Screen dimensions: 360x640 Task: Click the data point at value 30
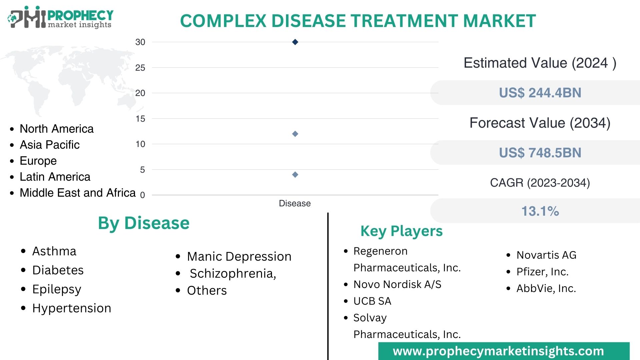[x=295, y=42]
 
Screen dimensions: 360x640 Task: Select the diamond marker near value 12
[x=295, y=134]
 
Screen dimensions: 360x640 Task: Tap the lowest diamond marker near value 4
[x=295, y=175]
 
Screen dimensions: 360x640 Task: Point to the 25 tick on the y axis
[x=140, y=68]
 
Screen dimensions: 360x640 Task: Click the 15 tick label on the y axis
[x=140, y=119]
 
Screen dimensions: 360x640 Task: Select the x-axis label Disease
[x=295, y=203]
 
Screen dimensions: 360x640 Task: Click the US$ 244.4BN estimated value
[x=540, y=93]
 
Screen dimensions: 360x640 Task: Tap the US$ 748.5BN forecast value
[x=540, y=153]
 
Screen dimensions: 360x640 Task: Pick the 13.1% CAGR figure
[x=540, y=211]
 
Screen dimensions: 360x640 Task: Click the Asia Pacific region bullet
[x=50, y=145]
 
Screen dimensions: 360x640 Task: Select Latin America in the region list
[x=55, y=177]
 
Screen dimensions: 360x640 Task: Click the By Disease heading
[x=144, y=223]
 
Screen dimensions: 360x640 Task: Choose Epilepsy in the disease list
[x=57, y=289]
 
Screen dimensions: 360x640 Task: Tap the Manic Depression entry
[x=239, y=256]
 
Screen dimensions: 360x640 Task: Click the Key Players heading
[x=401, y=231]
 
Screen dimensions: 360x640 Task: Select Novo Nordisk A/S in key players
[x=397, y=284]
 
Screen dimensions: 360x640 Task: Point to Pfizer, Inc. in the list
[x=542, y=272]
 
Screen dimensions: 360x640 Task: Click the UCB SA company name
[x=372, y=301]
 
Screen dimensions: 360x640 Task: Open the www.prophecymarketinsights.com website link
[x=498, y=351]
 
